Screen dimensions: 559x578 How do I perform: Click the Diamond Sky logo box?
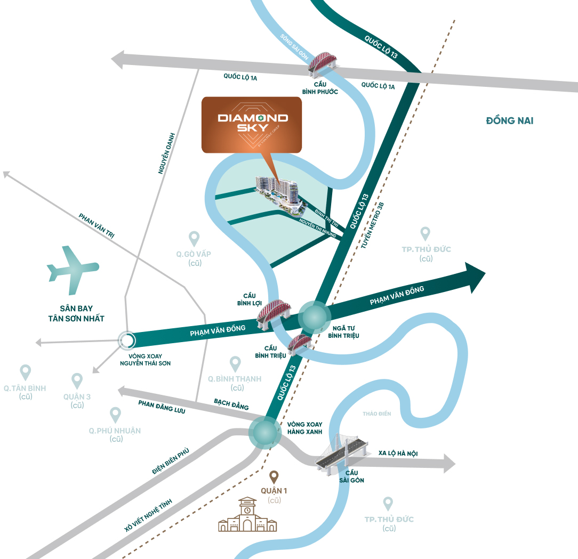[x=251, y=124]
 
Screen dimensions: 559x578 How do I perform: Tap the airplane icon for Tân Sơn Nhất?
[x=73, y=270]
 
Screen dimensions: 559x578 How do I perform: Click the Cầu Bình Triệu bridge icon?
[x=299, y=344]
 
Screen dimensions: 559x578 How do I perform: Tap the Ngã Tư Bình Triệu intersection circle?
[x=314, y=317]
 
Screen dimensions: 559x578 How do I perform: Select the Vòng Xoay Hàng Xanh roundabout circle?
[x=264, y=432]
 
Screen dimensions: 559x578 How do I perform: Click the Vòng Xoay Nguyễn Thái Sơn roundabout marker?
[x=127, y=339]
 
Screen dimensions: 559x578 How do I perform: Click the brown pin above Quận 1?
[x=274, y=477]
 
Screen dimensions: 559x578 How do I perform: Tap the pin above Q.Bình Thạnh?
[x=235, y=364]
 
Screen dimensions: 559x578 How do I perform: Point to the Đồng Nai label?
[x=509, y=120]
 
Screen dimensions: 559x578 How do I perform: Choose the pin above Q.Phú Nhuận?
[x=115, y=415]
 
